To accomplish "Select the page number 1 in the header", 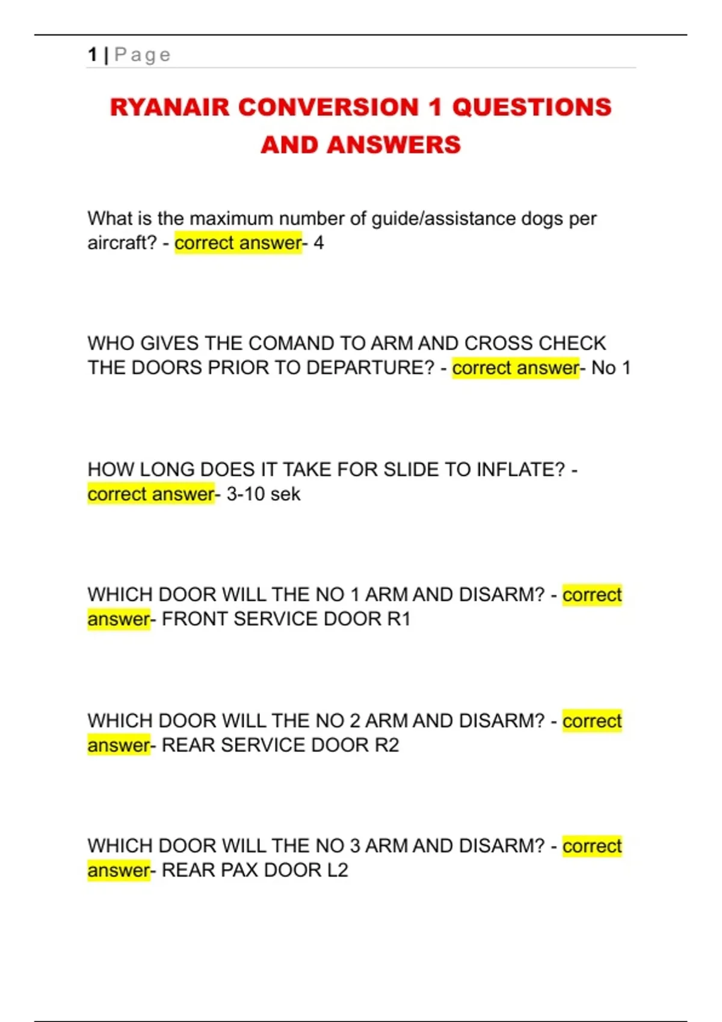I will pos(92,55).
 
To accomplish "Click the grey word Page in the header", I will pos(143,55).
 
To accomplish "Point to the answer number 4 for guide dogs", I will pos(319,243).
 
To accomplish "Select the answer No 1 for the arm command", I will pos(611,368).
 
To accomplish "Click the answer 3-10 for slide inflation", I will pos(245,494).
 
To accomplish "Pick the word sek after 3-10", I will pos(285,494).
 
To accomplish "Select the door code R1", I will pos(398,619).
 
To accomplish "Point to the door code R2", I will pos(387,745).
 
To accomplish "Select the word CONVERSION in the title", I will pos(329,108).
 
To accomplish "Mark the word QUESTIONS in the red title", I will pos(531,108).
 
